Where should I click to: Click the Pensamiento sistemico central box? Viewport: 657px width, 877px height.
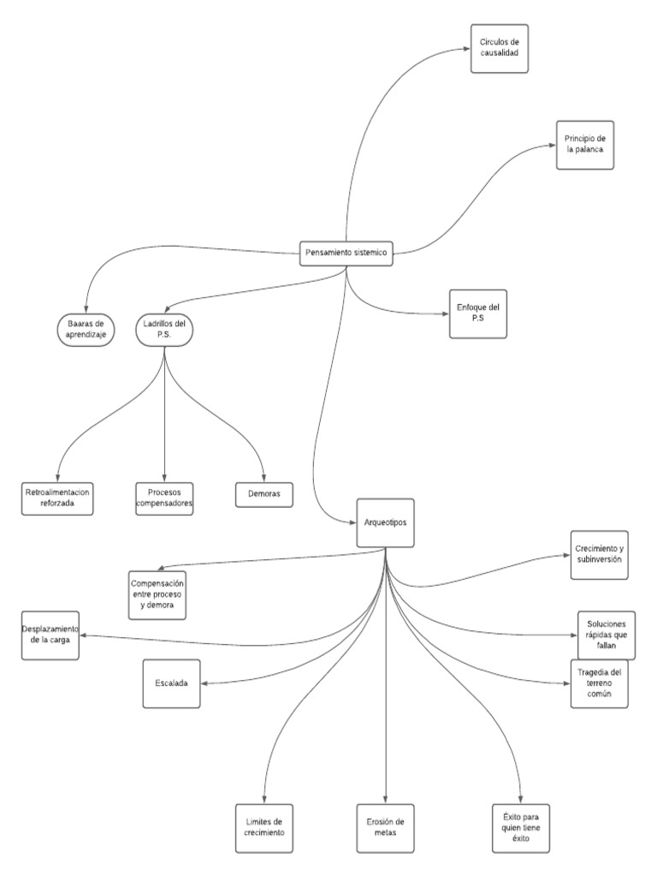coord(346,254)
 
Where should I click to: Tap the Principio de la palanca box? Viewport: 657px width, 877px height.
coord(584,145)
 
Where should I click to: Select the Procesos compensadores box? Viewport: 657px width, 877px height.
coord(164,498)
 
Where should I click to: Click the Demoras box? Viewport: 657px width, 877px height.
coord(264,494)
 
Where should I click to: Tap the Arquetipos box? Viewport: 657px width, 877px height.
coord(386,523)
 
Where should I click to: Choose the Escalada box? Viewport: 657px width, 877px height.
coord(172,683)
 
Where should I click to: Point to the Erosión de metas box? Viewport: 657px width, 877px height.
coord(386,826)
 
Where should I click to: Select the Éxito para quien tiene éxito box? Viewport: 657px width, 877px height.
coord(521,826)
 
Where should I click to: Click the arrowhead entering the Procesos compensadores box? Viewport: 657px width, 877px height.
coord(164,479)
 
